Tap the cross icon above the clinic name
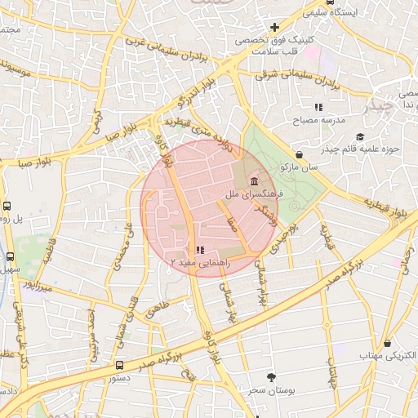click(x=275, y=28)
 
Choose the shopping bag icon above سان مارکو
click(x=299, y=154)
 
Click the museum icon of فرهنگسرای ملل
click(x=255, y=181)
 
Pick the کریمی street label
click(x=96, y=119)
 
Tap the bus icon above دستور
click(x=120, y=365)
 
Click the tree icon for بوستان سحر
click(x=271, y=377)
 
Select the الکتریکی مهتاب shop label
click(x=388, y=357)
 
